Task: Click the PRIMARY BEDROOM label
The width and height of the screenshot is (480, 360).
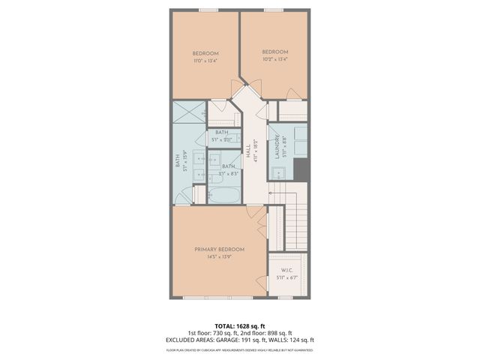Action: click(x=220, y=249)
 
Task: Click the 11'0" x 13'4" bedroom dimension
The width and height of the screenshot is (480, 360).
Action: click(x=205, y=61)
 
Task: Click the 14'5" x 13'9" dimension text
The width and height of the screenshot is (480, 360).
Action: click(x=220, y=256)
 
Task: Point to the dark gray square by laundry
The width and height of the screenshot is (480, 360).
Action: click(x=302, y=169)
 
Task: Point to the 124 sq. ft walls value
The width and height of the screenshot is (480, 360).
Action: click(x=303, y=339)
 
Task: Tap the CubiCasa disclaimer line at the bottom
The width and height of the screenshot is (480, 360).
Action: click(x=240, y=349)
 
